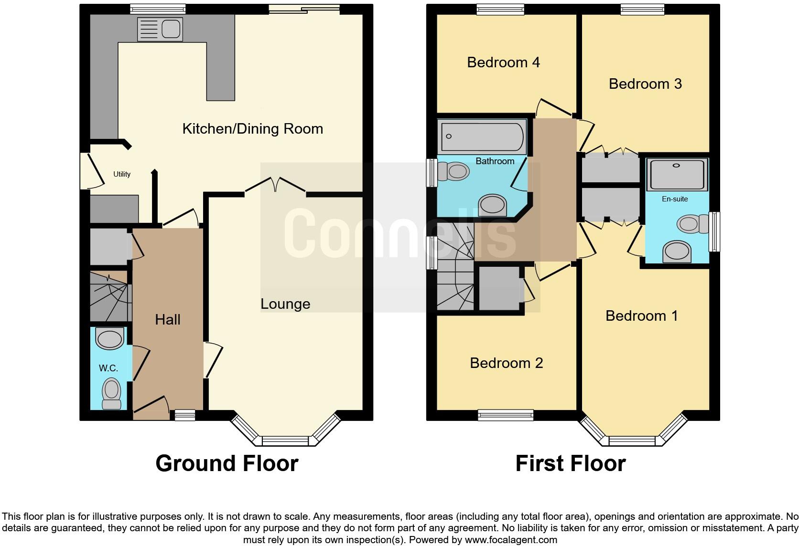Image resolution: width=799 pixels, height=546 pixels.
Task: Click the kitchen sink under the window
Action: click(x=160, y=29)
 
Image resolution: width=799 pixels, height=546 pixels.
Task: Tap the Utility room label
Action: click(x=121, y=174)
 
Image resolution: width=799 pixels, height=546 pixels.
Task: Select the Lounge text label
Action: click(x=285, y=304)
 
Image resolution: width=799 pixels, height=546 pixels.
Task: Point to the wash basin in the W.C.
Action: click(x=110, y=338)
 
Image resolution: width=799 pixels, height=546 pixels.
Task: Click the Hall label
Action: click(x=167, y=319)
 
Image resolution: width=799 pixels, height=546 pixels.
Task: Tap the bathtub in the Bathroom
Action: click(x=482, y=137)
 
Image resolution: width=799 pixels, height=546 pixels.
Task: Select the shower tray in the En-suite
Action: click(x=676, y=175)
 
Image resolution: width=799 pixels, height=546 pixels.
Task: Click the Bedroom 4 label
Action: click(x=503, y=63)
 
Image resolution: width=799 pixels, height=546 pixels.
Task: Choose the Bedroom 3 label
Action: click(x=645, y=84)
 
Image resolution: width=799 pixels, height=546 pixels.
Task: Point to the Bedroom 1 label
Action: click(x=641, y=316)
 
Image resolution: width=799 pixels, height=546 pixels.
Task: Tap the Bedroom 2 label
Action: click(x=506, y=363)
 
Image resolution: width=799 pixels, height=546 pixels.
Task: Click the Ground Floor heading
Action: click(x=227, y=463)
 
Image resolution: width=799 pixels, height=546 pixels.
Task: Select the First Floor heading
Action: click(x=570, y=463)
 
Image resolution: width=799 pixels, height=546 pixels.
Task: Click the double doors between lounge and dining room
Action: click(x=276, y=187)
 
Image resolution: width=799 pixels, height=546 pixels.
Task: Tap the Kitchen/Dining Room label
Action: click(x=252, y=129)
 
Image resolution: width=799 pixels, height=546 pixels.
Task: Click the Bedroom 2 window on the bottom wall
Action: click(x=506, y=416)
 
